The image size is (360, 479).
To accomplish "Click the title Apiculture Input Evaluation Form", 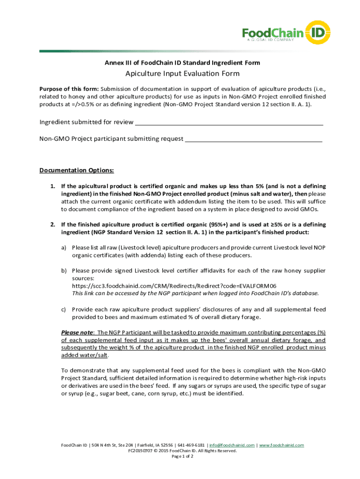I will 182,73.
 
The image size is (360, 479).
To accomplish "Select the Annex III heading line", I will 182,63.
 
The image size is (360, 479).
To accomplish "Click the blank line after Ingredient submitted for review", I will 229,123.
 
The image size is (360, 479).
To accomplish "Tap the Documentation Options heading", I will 77,170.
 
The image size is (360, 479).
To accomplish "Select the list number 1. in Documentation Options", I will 53,186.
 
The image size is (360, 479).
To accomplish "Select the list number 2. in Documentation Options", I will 53,225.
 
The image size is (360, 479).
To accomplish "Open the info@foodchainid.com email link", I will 232,445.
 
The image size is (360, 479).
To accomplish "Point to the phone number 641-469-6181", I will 190,445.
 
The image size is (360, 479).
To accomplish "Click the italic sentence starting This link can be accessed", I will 195,293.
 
